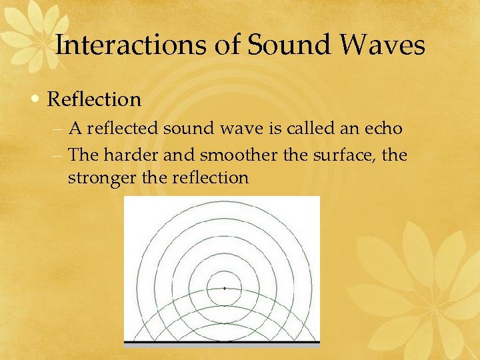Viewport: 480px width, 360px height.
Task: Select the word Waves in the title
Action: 386,45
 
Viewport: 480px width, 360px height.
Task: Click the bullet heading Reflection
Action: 95,99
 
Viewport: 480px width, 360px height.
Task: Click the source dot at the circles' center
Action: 225,289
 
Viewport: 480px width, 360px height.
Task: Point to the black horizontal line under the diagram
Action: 222,343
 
